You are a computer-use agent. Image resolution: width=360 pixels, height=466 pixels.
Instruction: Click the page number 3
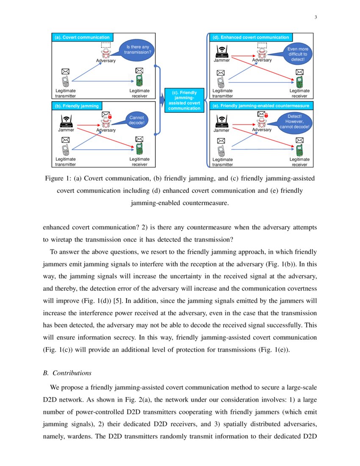(316, 17)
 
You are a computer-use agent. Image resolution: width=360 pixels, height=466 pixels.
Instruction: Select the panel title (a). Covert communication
(82, 37)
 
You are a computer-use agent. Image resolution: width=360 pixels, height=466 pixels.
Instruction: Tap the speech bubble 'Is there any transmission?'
(136, 50)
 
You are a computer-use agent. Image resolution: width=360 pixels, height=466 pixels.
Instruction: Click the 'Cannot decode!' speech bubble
(136, 120)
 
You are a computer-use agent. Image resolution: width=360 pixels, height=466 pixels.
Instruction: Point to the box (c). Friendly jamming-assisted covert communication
(183, 100)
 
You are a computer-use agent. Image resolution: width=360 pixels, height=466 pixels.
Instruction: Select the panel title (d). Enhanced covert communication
(251, 37)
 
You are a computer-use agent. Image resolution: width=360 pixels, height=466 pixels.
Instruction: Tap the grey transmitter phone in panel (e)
(221, 150)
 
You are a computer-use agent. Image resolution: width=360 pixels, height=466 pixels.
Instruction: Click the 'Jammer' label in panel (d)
(222, 60)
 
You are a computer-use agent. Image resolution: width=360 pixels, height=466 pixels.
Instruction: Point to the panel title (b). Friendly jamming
(77, 105)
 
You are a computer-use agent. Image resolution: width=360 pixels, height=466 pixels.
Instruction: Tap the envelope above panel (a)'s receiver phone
(139, 70)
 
